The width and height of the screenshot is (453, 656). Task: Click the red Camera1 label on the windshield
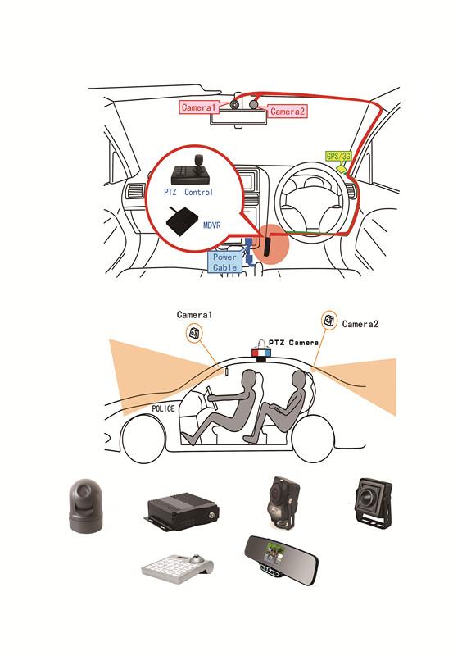click(x=199, y=107)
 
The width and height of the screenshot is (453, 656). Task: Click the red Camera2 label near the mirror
click(x=287, y=112)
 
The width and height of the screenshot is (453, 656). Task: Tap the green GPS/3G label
click(x=338, y=156)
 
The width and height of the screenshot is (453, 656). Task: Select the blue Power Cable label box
click(x=224, y=262)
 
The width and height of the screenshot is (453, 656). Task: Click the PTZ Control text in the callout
click(x=188, y=193)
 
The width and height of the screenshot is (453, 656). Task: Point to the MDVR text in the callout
click(x=211, y=225)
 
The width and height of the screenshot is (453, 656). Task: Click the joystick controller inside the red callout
click(x=191, y=171)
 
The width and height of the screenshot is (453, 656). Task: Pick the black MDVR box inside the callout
click(x=182, y=221)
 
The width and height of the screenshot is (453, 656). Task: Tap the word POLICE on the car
click(x=163, y=408)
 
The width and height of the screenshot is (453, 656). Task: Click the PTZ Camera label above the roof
click(x=293, y=343)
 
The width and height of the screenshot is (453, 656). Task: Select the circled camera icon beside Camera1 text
click(x=195, y=334)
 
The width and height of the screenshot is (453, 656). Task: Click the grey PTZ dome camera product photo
click(x=86, y=506)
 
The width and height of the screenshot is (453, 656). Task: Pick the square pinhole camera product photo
click(x=374, y=502)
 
